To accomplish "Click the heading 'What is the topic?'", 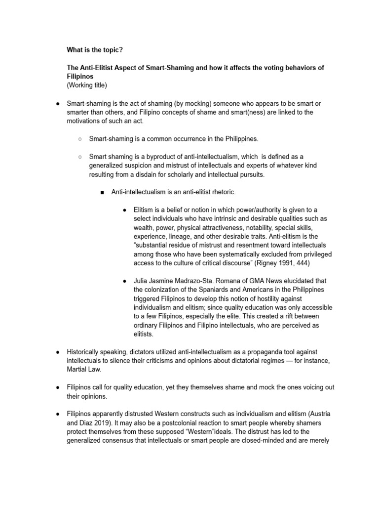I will pyautogui.click(x=94, y=50).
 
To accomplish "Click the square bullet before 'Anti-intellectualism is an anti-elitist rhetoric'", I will pyautogui.click(x=102, y=192).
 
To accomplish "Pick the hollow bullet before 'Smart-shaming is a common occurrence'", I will pyautogui.click(x=79, y=139).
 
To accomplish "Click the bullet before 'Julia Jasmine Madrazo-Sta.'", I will pyautogui.click(x=124, y=281).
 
